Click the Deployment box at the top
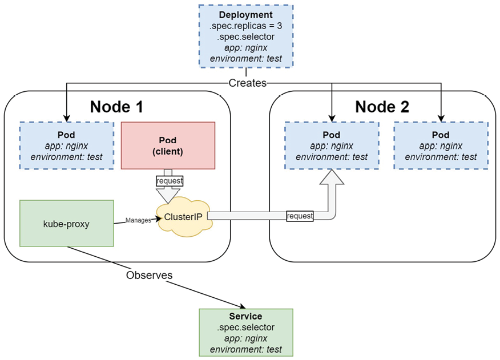pyautogui.click(x=246, y=36)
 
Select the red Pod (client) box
pyautogui.click(x=168, y=145)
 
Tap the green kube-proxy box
pyautogui.click(x=67, y=223)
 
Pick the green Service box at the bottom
pyautogui.click(x=246, y=333)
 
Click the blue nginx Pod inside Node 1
pyautogui.click(x=67, y=145)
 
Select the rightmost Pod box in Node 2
pyautogui.click(x=441, y=145)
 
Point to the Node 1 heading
pyautogui.click(x=116, y=107)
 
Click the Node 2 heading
pyautogui.click(x=382, y=107)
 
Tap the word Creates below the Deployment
pyautogui.click(x=247, y=83)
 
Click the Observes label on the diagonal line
pyautogui.click(x=149, y=275)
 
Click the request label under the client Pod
pyautogui.click(x=170, y=181)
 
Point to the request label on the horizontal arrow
pyautogui.click(x=300, y=216)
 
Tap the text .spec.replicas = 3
pyautogui.click(x=246, y=26)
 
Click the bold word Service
pyautogui.click(x=246, y=316)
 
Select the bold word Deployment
pyautogui.click(x=246, y=15)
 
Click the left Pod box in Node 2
pyautogui.click(x=332, y=145)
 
